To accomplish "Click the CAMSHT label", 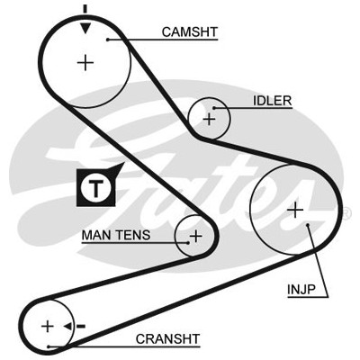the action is pyautogui.click(x=190, y=31).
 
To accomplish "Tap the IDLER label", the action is pyautogui.click(x=273, y=101).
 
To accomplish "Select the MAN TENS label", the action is pyautogui.click(x=116, y=235).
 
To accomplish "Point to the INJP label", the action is pyautogui.click(x=301, y=290).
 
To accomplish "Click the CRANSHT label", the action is pyautogui.click(x=167, y=339).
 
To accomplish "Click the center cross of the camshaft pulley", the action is pyautogui.click(x=85, y=63).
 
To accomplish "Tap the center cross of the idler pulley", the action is pyautogui.click(x=209, y=120).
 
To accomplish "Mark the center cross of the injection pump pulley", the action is pyautogui.click(x=295, y=210).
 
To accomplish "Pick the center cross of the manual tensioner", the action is pyautogui.click(x=196, y=236).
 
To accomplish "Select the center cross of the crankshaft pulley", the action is pyautogui.click(x=48, y=326).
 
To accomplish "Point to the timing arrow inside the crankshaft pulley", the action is pyautogui.click(x=67, y=326).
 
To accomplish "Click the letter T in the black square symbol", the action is pyautogui.click(x=96, y=188).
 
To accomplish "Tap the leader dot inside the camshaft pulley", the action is pyautogui.click(x=107, y=40).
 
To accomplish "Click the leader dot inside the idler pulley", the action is pyautogui.click(x=214, y=108).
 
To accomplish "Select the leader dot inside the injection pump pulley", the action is pyautogui.click(x=308, y=224).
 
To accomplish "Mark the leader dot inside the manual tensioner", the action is pyautogui.click(x=188, y=243).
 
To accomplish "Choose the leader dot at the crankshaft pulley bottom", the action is pyautogui.click(x=48, y=346).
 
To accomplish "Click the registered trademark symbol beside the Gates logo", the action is pyautogui.click(x=346, y=213).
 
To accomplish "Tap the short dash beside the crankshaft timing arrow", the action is pyautogui.click(x=81, y=326).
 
